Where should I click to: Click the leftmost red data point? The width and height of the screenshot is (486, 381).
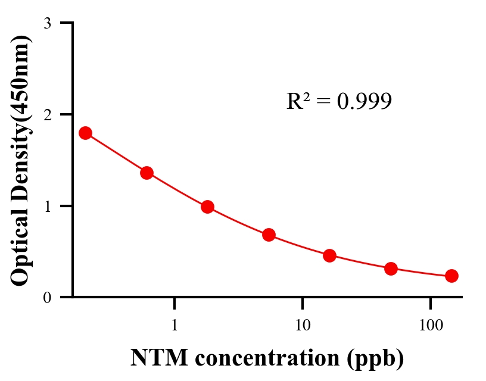[x=85, y=133]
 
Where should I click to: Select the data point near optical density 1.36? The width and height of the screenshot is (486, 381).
[x=147, y=173]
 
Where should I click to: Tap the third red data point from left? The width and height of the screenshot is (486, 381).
[x=207, y=207]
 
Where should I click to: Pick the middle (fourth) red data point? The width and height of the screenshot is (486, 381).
[x=269, y=235]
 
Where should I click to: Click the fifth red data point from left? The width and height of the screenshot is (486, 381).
[x=329, y=255]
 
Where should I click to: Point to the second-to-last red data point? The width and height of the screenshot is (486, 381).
[x=391, y=268]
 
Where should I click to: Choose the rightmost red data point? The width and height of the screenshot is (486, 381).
[x=451, y=276]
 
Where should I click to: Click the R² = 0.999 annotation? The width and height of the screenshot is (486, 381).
[x=338, y=102]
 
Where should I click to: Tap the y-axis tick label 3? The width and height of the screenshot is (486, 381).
[x=48, y=23]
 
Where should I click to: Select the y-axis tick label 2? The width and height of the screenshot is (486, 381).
[x=48, y=114]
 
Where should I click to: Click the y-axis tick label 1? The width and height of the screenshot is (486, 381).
[x=48, y=206]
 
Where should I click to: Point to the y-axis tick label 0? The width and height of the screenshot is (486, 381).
[x=48, y=298]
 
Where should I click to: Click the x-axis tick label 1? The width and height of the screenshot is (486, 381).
[x=175, y=326]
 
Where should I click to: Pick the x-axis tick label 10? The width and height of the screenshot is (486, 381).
[x=303, y=326]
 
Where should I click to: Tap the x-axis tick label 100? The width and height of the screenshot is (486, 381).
[x=430, y=326]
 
